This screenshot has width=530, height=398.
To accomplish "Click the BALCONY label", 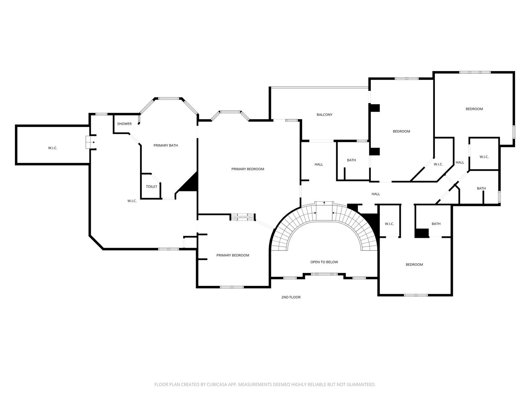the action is point(324,114).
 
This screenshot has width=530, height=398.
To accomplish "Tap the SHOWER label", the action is point(124,124).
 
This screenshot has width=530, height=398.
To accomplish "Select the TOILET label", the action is point(151,186).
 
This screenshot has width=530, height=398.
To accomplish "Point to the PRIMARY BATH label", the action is point(166,145).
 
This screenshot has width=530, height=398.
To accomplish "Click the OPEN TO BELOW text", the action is point(324,262).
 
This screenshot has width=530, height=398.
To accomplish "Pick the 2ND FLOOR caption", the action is point(291,297).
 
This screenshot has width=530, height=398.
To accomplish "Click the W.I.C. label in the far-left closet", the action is point(53,148).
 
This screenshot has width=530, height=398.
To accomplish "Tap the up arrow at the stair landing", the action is point(324,203).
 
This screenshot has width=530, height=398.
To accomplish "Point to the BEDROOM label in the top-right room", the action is point(474,109).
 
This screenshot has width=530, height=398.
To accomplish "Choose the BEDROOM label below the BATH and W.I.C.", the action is point(414,265).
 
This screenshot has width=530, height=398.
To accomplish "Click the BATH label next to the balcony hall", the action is point(351,160).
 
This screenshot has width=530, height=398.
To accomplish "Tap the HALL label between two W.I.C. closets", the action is point(460,163).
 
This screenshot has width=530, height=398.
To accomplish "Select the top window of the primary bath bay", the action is point(169,99).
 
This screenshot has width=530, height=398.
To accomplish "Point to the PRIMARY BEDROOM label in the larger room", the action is point(248,169).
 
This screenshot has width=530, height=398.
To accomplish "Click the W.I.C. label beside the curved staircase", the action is point(389,224).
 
